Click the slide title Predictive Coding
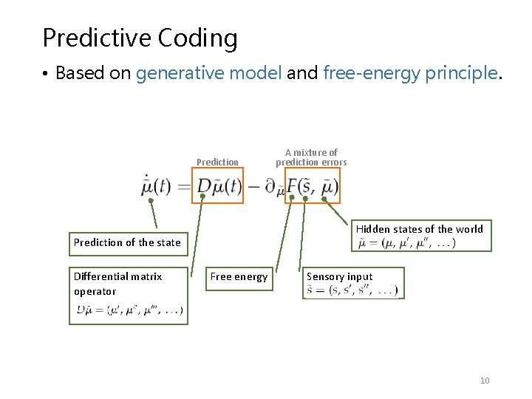[140, 38]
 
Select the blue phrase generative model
[209, 73]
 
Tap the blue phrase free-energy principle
[412, 73]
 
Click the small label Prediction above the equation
[217, 162]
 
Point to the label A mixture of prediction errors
[311, 157]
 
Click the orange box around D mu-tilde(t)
[217, 185]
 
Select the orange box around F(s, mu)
[313, 185]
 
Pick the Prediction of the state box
[127, 242]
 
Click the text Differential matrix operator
[117, 283]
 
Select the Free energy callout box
[239, 277]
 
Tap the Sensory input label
[340, 277]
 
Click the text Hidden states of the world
[420, 229]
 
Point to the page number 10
[485, 381]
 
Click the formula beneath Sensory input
[352, 291]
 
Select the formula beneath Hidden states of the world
[406, 243]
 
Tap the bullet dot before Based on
[45, 74]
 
